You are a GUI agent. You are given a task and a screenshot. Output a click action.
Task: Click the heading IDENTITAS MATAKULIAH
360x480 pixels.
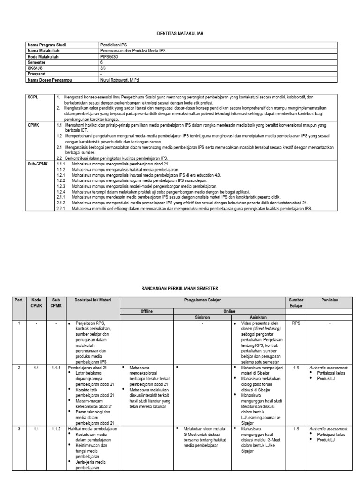coord(180,34)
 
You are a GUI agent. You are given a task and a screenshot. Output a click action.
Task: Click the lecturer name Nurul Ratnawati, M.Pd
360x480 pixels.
coord(120,80)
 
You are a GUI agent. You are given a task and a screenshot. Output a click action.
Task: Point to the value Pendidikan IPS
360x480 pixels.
coord(113,45)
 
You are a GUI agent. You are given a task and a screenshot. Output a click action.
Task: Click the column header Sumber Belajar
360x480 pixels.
coord(296,302)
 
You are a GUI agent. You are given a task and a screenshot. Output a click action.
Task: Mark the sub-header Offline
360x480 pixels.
coord(147,311)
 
